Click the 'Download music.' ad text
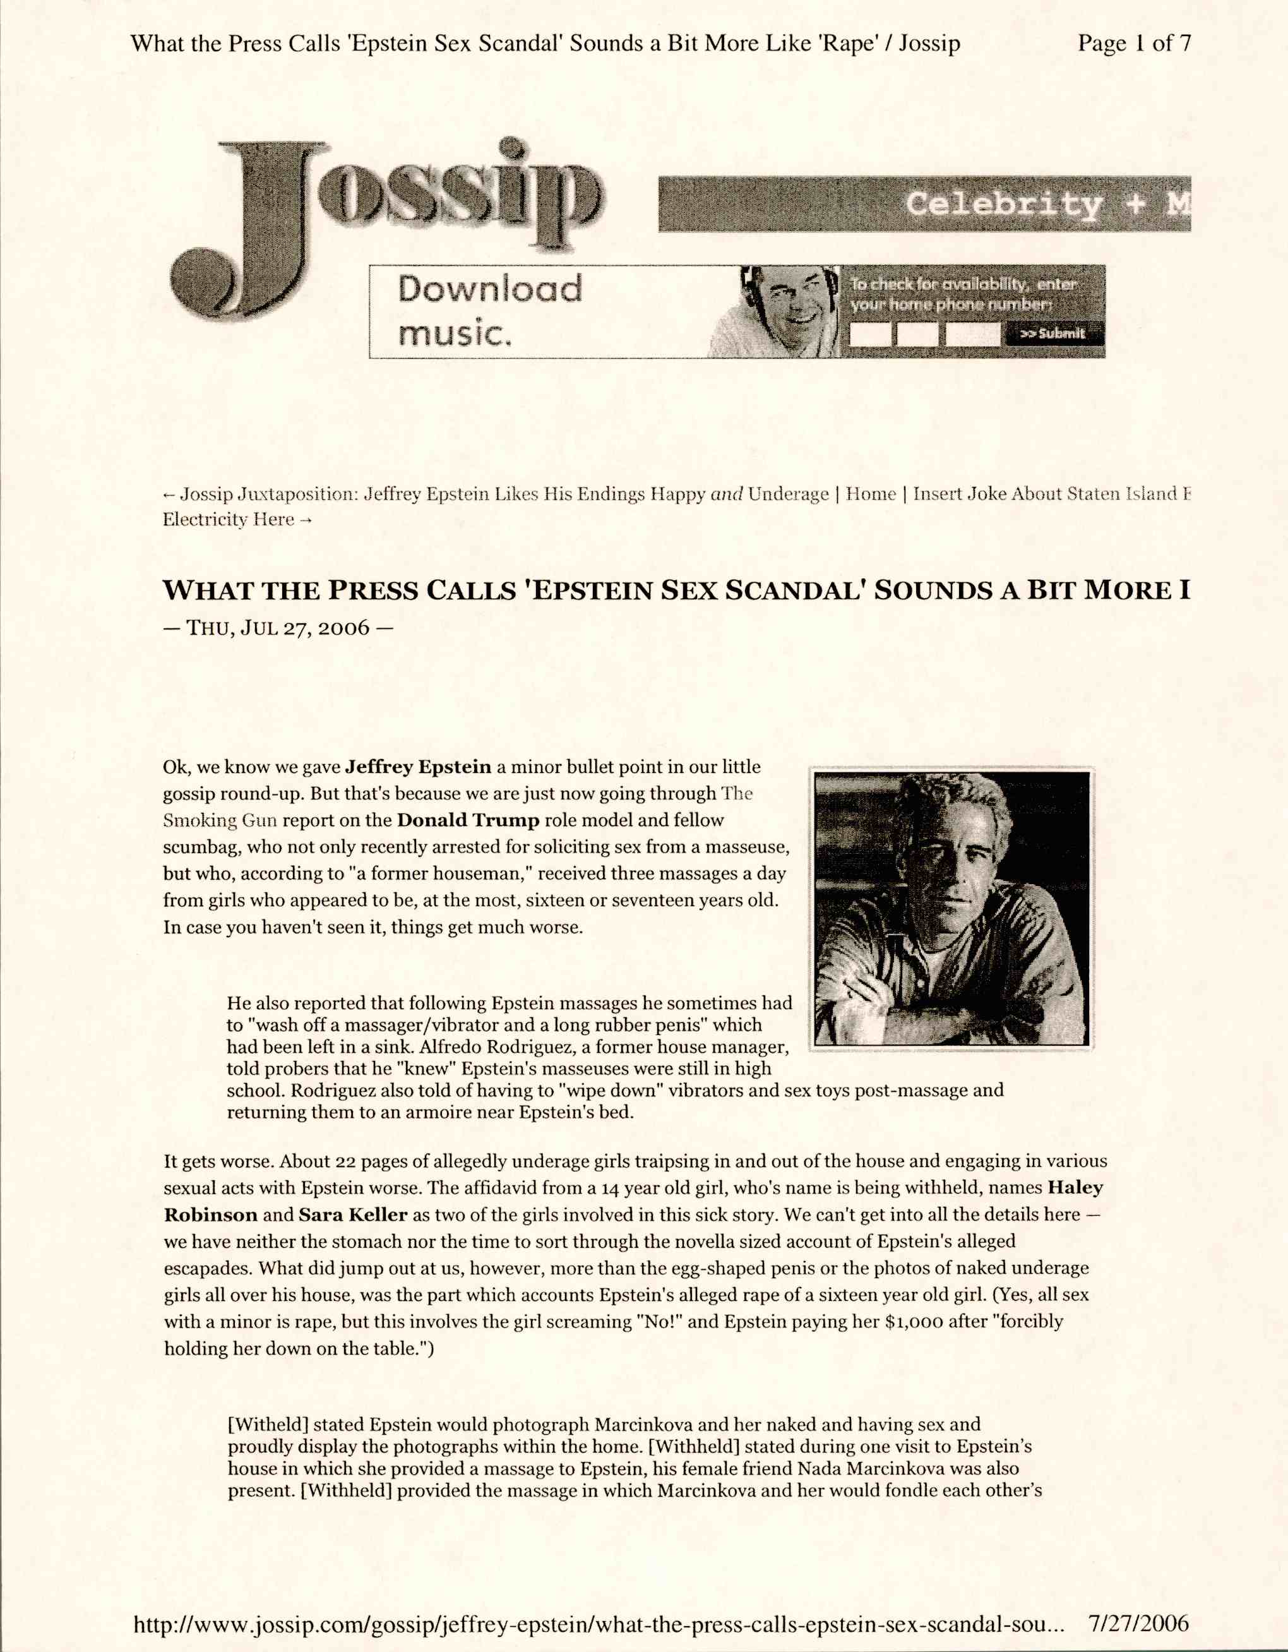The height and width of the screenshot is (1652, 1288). click(x=490, y=310)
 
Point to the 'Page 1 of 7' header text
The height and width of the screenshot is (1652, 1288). click(x=1134, y=44)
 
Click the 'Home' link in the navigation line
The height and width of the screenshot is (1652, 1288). click(x=871, y=494)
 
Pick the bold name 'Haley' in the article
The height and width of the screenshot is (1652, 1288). click(x=1075, y=1188)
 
